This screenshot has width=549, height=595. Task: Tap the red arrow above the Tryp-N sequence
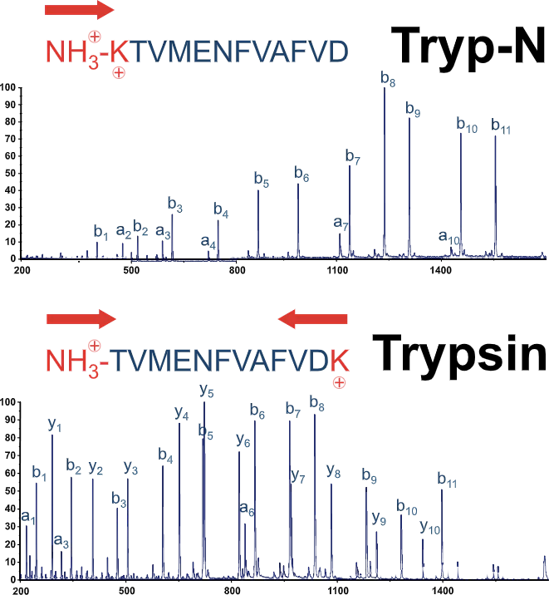coord(80,10)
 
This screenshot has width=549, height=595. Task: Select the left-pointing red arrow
coord(311,318)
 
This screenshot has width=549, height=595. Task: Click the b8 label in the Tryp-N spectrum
coord(387,78)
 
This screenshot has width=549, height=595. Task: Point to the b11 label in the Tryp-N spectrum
coord(501,126)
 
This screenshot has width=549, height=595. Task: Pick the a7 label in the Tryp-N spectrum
coord(340,223)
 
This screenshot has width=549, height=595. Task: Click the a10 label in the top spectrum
coord(449,238)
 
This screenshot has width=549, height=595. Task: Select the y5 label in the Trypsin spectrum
coord(207,390)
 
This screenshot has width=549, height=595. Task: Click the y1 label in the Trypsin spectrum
coord(55,425)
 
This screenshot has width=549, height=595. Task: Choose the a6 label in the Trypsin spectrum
coord(247,509)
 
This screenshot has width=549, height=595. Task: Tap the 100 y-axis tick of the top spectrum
coord(8,87)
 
